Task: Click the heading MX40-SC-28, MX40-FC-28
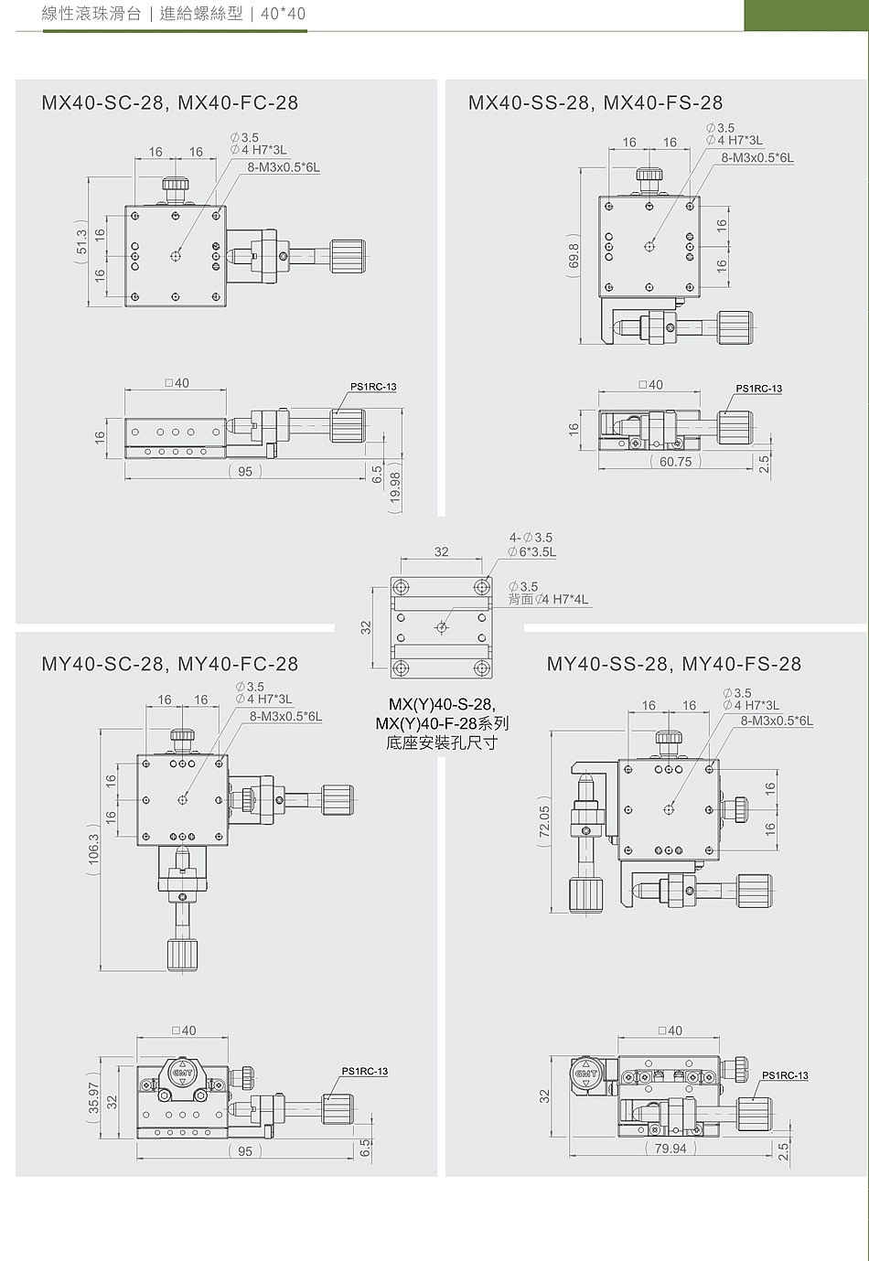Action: pos(169,103)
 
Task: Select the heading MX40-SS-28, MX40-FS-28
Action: pos(595,103)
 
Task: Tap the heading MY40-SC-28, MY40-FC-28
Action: pos(169,664)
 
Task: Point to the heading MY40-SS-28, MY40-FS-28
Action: pos(673,664)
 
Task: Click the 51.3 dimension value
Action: pos(81,242)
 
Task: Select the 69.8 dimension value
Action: pos(574,259)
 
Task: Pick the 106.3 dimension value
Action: pos(93,849)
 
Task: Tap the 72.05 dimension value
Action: pos(544,822)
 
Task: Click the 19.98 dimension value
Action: pos(395,487)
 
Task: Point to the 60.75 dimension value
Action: pos(675,462)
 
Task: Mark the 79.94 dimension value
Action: pos(671,1149)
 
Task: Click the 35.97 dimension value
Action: pos(93,1098)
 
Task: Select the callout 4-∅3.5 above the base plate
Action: pos(531,538)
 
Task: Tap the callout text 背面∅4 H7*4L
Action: pos(548,600)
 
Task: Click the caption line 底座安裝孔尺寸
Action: pos(442,743)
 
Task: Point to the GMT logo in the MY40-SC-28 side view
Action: pos(182,1074)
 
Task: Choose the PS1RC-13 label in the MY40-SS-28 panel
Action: pos(785,1075)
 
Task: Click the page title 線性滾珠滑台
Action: pos(91,14)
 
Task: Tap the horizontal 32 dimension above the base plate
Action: pos(442,551)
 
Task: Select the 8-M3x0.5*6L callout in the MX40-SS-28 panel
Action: pos(757,157)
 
